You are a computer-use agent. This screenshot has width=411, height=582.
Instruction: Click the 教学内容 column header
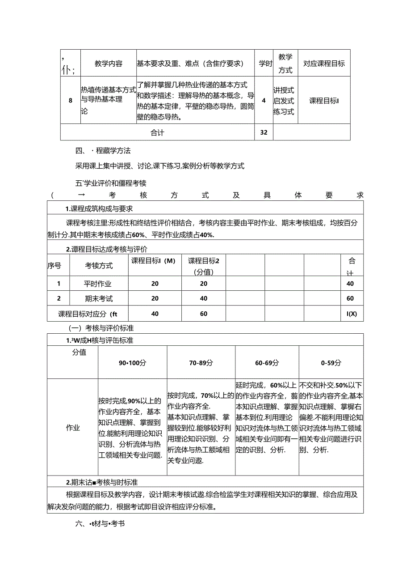pos(108,64)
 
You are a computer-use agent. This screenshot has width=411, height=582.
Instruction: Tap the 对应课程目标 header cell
pos(324,64)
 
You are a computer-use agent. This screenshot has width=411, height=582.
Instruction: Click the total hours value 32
pos(264,132)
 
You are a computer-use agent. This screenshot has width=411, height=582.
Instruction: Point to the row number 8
pos(70,100)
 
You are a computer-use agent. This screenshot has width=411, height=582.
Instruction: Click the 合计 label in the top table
pos(157,132)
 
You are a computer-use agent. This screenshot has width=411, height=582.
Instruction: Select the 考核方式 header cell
pos(99,265)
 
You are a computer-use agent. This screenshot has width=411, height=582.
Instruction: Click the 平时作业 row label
pos(97,284)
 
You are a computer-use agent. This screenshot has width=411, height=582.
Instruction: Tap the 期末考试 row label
pos(99,298)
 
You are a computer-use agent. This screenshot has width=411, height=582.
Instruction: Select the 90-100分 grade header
pos(132,363)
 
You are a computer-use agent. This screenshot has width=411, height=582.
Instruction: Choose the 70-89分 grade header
pos(201,363)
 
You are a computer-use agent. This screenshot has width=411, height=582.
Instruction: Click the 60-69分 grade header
pos(267,363)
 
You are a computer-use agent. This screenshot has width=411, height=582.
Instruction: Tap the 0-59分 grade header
pos(331,363)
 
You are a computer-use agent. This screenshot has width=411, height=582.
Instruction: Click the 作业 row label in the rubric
pos(73,428)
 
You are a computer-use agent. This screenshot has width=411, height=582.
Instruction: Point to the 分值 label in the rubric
pos(79,353)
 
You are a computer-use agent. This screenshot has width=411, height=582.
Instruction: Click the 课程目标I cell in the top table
pos(324,101)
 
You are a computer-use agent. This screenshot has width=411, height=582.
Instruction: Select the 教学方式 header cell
pos(285,64)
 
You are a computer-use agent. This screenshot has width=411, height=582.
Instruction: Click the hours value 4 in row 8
pos(264,100)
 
